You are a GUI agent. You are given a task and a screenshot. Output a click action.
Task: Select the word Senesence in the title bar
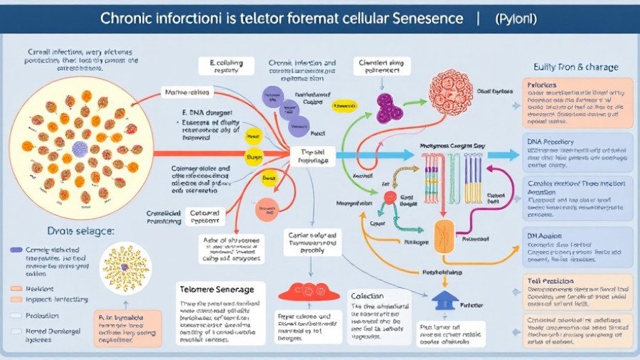(427, 16)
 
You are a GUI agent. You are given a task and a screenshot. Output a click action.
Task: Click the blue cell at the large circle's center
(80, 148)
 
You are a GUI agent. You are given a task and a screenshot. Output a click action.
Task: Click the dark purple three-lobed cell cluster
(389, 107)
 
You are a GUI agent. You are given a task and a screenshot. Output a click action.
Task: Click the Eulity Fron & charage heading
(575, 67)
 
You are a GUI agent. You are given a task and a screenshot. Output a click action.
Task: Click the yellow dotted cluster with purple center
(126, 268)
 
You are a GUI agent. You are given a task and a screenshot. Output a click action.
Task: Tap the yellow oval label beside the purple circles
(344, 105)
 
